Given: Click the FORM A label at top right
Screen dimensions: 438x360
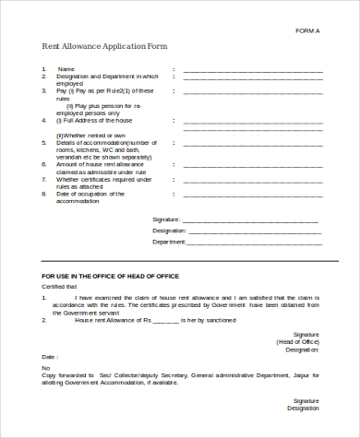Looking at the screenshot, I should point(306,31).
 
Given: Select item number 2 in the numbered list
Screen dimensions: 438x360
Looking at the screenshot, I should point(43,77).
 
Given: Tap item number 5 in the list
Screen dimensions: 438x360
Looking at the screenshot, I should point(43,143).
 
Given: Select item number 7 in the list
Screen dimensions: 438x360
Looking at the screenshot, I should point(43,179).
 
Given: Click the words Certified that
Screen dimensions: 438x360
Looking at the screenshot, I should point(58,287).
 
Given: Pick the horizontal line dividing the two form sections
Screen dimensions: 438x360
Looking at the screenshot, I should point(181,264).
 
